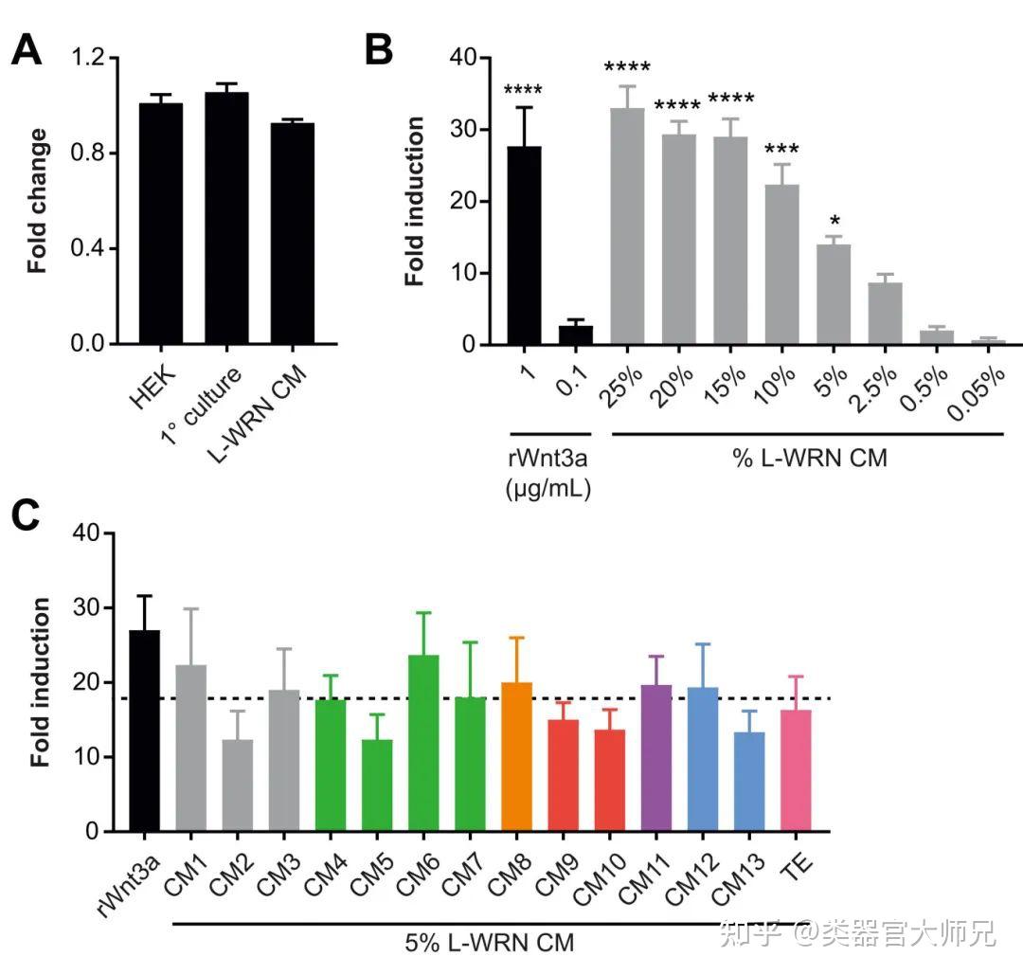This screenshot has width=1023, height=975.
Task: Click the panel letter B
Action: point(378,50)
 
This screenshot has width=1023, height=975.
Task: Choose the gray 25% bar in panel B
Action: point(627,226)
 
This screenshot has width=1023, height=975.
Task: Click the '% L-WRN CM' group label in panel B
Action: point(809,460)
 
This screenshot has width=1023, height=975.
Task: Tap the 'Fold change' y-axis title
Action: point(38,201)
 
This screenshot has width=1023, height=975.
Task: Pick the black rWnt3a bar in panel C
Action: point(144,731)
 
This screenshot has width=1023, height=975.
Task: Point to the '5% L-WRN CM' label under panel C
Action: point(490,943)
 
